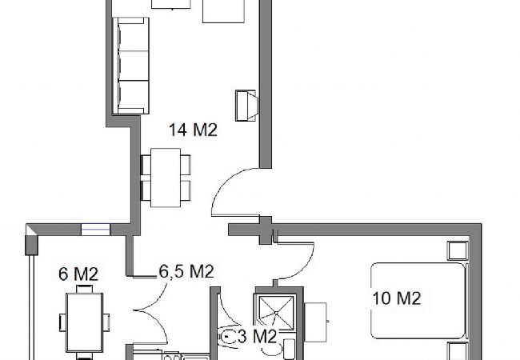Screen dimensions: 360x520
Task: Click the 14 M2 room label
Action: coord(192,130)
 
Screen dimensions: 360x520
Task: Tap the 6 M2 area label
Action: coord(78,274)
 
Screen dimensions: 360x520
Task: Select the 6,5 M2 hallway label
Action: coord(186,271)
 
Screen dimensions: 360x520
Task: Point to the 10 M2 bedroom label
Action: coord(397,299)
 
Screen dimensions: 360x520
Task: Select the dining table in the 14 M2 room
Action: coord(166,177)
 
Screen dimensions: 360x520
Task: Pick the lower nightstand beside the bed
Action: coord(457,352)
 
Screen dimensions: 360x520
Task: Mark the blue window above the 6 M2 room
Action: coord(94,230)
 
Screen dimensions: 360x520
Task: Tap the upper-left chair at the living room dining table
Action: coord(145,165)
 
